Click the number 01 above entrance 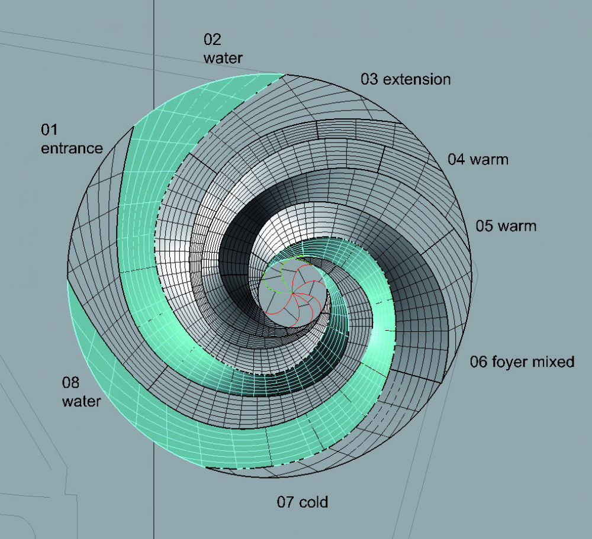pos(49,130)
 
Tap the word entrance pos(72,149)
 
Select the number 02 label pos(212,40)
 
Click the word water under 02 pos(223,58)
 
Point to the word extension pos(417,79)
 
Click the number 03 pos(369,79)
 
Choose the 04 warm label pos(478,159)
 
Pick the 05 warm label pos(506,225)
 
